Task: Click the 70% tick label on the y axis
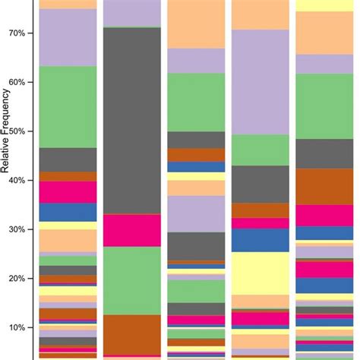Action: (x=16, y=33)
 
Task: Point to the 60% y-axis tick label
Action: (x=16, y=82)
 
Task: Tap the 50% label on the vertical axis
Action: (x=16, y=131)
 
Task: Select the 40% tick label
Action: (x=16, y=181)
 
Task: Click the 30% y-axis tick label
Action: (x=16, y=229)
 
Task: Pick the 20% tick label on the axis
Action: (x=16, y=279)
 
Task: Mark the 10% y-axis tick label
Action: (x=16, y=327)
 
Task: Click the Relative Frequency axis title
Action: (x=5, y=152)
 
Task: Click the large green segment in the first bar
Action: (x=68, y=107)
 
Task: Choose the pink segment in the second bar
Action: (x=131, y=230)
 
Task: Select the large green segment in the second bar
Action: (x=131, y=280)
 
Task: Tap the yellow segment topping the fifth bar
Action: (x=324, y=5)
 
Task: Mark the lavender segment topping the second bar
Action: (x=131, y=13)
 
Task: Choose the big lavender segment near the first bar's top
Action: (x=68, y=37)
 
